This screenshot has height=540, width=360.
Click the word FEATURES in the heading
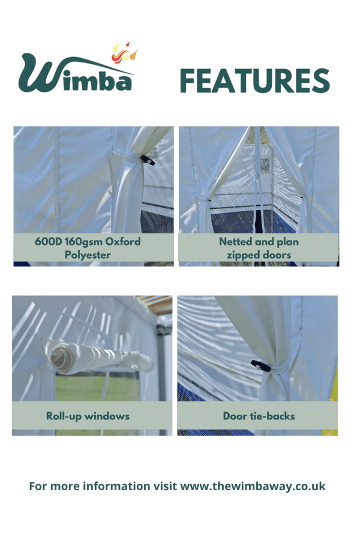pyautogui.click(x=254, y=80)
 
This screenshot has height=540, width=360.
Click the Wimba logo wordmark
pyautogui.click(x=76, y=73)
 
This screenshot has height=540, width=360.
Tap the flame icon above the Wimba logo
pyautogui.click(x=124, y=52)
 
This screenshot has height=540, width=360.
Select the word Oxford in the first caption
pyautogui.click(x=122, y=241)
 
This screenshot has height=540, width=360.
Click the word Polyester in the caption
pyautogui.click(x=88, y=255)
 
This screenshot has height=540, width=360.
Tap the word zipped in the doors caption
pyautogui.click(x=242, y=255)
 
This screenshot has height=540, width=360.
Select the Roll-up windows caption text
pyautogui.click(x=88, y=416)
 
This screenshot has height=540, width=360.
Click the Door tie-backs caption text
pyautogui.click(x=259, y=416)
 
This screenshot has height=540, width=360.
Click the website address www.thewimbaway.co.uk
pyautogui.click(x=253, y=486)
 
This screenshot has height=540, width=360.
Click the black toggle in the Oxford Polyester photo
pyautogui.click(x=148, y=160)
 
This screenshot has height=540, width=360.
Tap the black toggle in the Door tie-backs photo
pyautogui.click(x=261, y=366)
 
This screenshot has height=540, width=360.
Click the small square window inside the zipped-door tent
pyautogui.click(x=265, y=166)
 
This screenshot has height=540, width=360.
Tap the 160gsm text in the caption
pyautogui.click(x=83, y=242)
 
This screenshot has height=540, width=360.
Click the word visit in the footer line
pyautogui.click(x=165, y=486)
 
